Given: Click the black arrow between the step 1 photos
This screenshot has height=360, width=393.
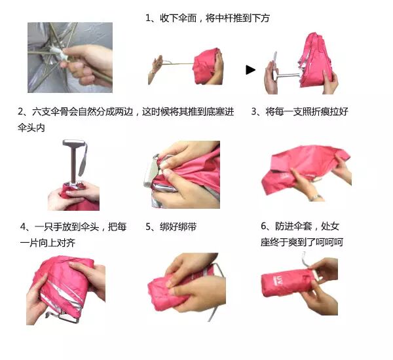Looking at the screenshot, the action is coord(250,70).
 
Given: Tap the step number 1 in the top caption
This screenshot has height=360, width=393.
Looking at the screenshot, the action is coord(147,18).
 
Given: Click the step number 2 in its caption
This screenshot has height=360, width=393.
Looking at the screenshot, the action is coord(20,111).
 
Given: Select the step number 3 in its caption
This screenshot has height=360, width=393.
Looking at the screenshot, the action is coord(254,111).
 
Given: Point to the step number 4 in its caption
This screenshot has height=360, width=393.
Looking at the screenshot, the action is coord(23,226).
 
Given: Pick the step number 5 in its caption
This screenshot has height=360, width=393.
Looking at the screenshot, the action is coord(148,226).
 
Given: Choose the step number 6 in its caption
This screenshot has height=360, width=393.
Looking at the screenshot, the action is coord(263,226).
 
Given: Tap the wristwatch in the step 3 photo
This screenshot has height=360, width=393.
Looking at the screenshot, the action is coord(314,197).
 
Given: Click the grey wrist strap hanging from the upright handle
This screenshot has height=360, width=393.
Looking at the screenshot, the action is coord(84,159).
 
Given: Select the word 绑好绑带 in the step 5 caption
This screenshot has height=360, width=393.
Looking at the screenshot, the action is coord(178,226).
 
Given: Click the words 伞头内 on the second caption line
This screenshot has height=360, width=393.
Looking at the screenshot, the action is coord(31,128).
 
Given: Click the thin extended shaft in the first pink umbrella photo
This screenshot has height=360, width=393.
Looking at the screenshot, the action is coord(178,64).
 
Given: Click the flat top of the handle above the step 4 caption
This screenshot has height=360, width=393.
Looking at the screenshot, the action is coord(73,143).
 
